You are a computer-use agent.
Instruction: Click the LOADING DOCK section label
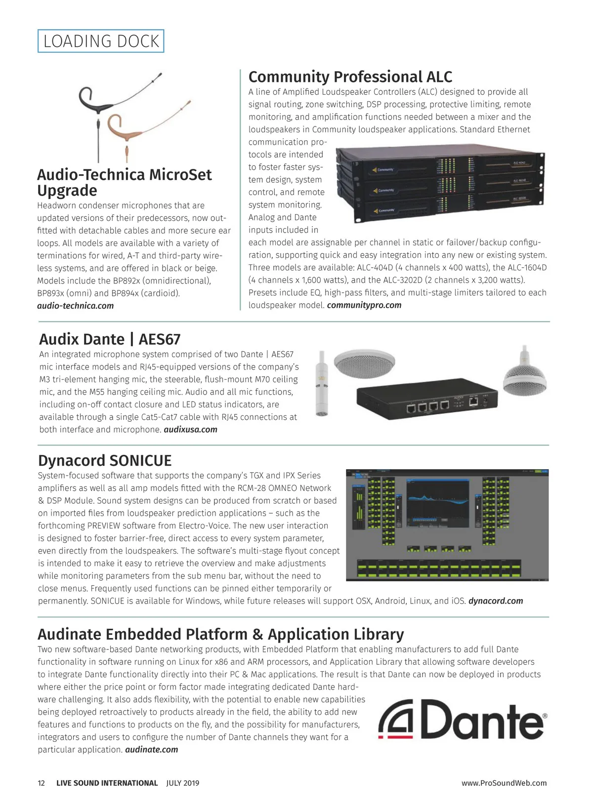(101, 41)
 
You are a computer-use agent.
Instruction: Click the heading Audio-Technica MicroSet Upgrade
(124, 182)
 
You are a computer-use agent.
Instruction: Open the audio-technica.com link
(75, 306)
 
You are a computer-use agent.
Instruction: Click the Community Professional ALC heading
(350, 77)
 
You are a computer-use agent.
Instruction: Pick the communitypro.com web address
(364, 305)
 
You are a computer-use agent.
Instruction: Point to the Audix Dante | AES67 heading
(110, 339)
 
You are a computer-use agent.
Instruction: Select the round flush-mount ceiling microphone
(364, 364)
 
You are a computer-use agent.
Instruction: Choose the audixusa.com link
(190, 430)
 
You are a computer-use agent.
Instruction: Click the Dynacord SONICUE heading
(105, 460)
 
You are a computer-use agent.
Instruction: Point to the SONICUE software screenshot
(447, 525)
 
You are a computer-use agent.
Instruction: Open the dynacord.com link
(495, 601)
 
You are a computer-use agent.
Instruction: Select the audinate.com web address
(151, 750)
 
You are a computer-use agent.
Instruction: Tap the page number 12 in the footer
(42, 783)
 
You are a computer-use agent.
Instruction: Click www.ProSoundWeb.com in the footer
(504, 783)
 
